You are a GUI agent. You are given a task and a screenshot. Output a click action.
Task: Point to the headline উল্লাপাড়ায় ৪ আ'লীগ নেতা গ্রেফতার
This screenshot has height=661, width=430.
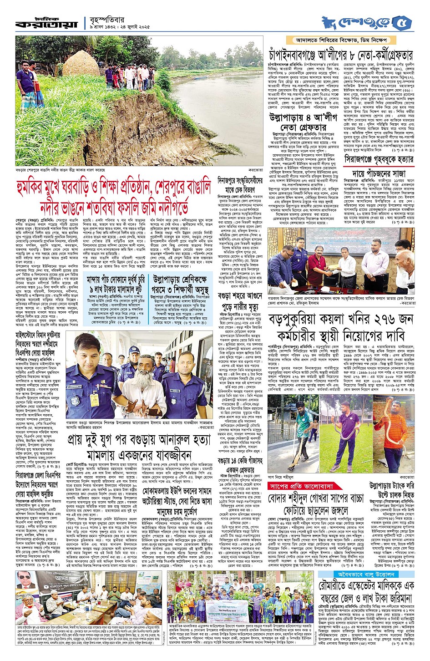[303, 122]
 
